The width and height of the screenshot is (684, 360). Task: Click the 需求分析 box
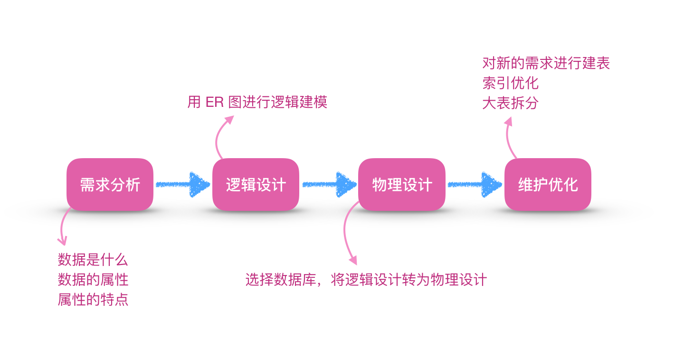tap(110, 184)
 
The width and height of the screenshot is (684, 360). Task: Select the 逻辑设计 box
tap(256, 184)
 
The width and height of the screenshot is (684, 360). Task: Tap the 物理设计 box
tap(402, 184)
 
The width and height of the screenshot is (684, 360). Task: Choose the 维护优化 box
tap(548, 184)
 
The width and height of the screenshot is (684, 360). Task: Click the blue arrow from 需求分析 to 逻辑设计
tap(183, 184)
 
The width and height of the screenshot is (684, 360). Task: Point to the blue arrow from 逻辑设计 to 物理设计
tap(329, 184)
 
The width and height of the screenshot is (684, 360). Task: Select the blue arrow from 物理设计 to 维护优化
tap(475, 184)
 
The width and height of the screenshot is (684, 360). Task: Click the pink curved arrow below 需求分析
tap(61, 228)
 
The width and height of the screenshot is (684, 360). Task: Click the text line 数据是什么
tap(93, 260)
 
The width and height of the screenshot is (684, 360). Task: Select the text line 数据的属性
tap(93, 280)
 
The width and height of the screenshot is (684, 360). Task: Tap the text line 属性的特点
tap(93, 300)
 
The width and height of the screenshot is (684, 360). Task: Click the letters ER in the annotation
tap(215, 103)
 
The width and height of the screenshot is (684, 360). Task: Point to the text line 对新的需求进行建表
tap(546, 63)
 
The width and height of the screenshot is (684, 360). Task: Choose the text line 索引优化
tap(510, 83)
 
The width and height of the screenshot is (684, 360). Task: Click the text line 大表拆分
tap(510, 103)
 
